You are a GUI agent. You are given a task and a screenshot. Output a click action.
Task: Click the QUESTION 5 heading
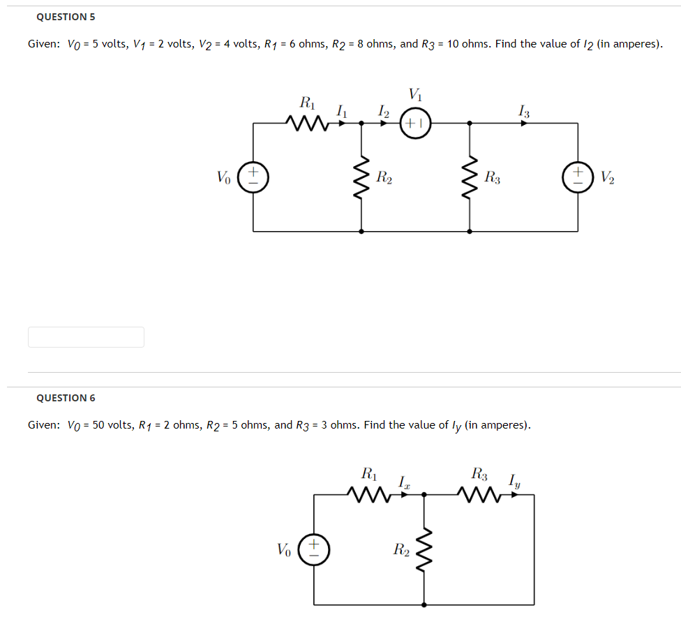pyautogui.click(x=66, y=16)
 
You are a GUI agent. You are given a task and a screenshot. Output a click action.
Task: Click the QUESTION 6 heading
pyautogui.click(x=66, y=398)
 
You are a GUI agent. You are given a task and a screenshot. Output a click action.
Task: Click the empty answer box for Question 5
pyautogui.click(x=86, y=337)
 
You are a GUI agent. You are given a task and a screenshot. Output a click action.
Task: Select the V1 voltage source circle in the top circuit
pyautogui.click(x=415, y=124)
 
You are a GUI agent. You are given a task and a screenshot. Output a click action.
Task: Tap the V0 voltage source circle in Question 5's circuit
pyautogui.click(x=253, y=177)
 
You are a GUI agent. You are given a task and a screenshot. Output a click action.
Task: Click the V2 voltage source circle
pyautogui.click(x=578, y=177)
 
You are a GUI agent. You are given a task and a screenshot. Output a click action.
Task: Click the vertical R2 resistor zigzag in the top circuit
pyautogui.click(x=361, y=177)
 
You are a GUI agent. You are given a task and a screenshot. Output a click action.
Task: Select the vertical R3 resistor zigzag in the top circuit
pyautogui.click(x=470, y=177)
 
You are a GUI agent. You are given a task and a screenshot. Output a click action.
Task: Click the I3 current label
pyautogui.click(x=524, y=110)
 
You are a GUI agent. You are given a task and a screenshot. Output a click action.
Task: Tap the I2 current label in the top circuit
pyautogui.click(x=382, y=110)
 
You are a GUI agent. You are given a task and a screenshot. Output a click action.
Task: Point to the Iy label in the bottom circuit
pyautogui.click(x=514, y=480)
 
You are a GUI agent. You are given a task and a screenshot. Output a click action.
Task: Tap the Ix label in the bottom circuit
pyautogui.click(x=403, y=481)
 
